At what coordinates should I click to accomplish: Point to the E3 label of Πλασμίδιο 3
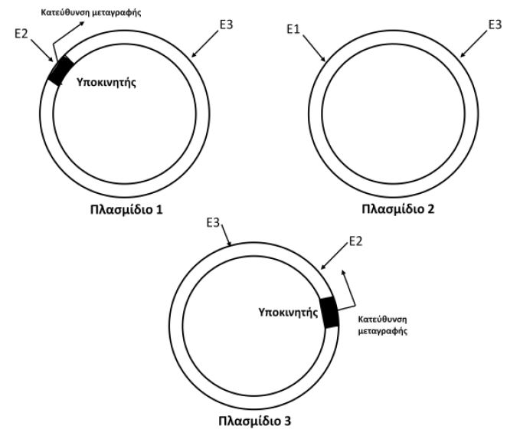click(x=214, y=223)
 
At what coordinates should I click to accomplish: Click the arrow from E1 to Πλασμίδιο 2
click(x=316, y=48)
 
